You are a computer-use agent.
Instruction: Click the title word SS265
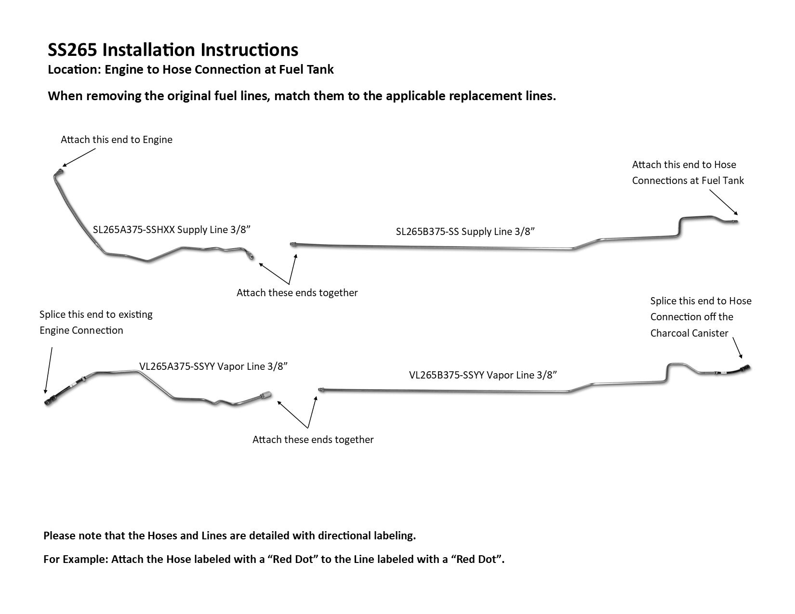[72, 50]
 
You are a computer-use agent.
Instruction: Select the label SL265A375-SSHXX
[133, 230]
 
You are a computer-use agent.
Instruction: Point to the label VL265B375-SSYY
[447, 375]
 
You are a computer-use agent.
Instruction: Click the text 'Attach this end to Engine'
[116, 140]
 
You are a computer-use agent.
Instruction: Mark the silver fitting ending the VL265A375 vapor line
[265, 395]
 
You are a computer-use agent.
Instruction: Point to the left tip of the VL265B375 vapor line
[319, 388]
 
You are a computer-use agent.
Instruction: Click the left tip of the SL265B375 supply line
[292, 244]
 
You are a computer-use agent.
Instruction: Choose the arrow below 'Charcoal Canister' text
[738, 348]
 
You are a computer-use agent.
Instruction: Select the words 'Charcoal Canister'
[689, 333]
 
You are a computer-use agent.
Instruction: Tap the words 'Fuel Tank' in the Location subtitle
[306, 69]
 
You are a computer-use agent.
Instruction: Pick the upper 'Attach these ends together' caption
[297, 293]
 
